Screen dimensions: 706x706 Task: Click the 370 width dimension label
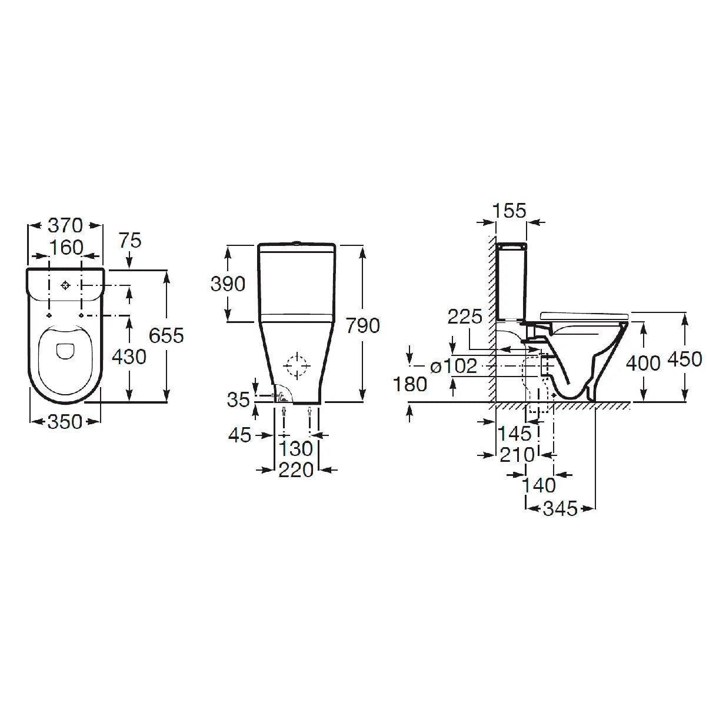click(65, 225)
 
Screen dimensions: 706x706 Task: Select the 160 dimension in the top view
click(66, 248)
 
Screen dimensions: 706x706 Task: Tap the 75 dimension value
click(130, 241)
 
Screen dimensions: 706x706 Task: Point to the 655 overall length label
click(166, 335)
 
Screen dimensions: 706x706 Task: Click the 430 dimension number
click(129, 357)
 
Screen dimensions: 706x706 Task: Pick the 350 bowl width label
click(65, 422)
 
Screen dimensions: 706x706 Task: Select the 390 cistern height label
click(228, 284)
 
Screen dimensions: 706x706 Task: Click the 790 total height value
click(363, 326)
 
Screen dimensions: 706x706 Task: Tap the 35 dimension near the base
click(238, 399)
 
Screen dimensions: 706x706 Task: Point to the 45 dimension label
click(239, 435)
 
